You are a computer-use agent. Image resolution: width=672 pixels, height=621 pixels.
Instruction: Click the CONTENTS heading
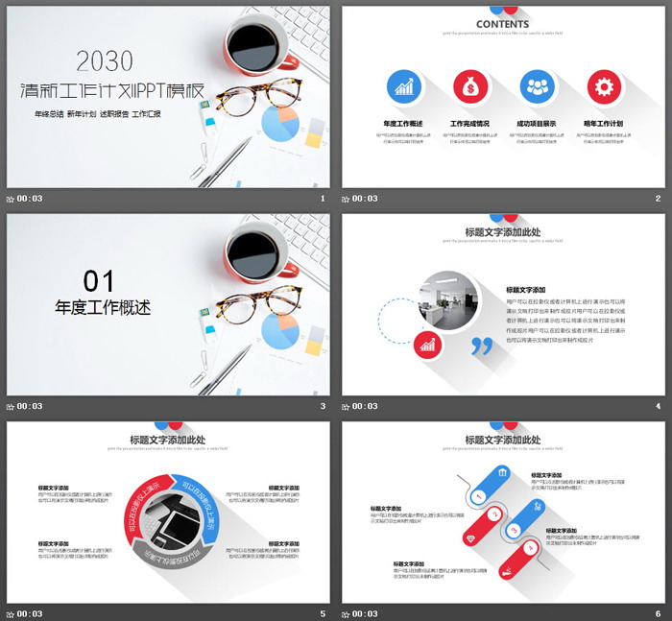(502, 24)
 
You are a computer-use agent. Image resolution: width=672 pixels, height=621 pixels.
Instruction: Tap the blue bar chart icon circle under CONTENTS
(403, 86)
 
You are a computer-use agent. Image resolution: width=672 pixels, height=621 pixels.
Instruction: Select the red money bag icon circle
(470, 86)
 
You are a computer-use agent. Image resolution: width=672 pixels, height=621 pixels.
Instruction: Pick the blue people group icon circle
(537, 86)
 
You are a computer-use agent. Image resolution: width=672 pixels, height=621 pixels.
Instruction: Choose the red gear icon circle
(604, 86)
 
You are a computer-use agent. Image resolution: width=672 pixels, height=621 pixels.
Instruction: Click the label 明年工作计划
(603, 124)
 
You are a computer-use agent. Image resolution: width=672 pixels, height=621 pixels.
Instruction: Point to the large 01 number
(99, 280)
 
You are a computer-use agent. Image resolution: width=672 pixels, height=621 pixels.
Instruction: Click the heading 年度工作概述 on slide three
(103, 308)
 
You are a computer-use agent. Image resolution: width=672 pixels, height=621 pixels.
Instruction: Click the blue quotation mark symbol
(482, 345)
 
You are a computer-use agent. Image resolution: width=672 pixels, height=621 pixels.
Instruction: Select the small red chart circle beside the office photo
(427, 343)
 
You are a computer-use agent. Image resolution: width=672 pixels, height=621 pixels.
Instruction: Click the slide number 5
(323, 613)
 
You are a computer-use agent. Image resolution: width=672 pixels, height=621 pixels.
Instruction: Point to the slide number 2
(658, 199)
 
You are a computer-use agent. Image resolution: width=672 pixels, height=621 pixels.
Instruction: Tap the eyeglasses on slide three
(258, 304)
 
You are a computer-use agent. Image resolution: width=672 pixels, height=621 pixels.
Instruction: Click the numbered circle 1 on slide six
(478, 497)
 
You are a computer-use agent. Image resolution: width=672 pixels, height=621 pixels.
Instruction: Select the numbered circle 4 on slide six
(515, 531)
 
